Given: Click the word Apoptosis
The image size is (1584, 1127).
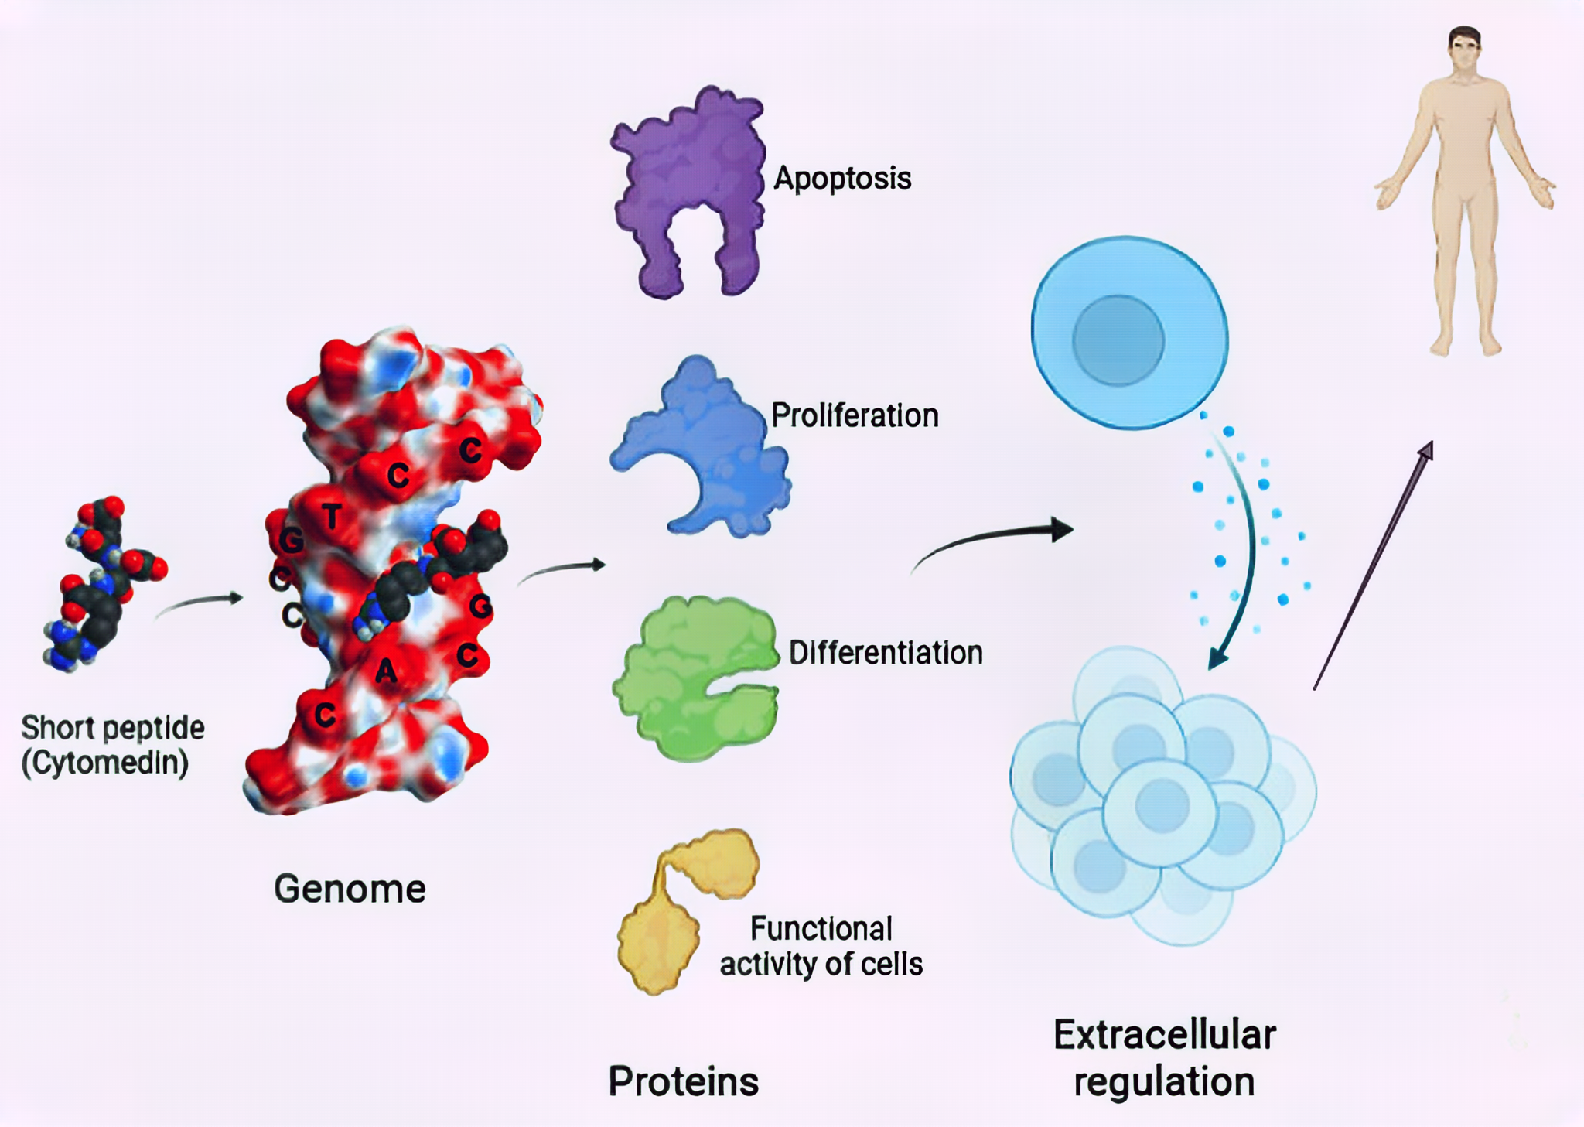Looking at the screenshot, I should pos(842,178).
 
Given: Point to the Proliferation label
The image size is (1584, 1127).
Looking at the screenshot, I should pos(855,415).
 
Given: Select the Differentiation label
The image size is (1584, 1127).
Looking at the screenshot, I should pos(886,653).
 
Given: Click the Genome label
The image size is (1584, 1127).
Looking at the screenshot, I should pos(350,889).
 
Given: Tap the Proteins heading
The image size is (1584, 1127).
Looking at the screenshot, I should pos(683,1081).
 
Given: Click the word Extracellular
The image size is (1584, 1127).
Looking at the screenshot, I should pos(1164,1035).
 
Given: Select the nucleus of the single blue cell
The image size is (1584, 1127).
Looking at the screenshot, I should pos(1118,340).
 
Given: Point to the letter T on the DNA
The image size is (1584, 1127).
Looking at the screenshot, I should pos(332,516).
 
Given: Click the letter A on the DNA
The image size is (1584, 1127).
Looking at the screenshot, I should pos(386,671).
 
